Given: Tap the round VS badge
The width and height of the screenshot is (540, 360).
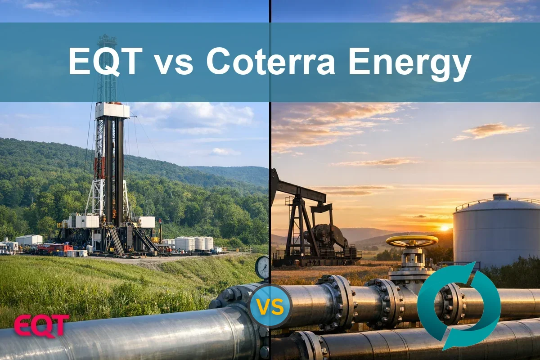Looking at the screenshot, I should pyautogui.click(x=270, y=306).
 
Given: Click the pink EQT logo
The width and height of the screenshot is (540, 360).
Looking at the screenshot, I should pyautogui.click(x=41, y=325).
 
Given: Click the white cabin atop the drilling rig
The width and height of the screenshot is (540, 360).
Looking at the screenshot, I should pyautogui.click(x=112, y=111).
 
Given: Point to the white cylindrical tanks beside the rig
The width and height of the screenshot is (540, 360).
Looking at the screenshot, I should pyautogui.click(x=193, y=243).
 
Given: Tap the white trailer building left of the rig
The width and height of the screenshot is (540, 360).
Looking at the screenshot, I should pyautogui.click(x=29, y=240).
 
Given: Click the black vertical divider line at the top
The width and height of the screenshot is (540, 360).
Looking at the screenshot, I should pyautogui.click(x=270, y=11).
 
